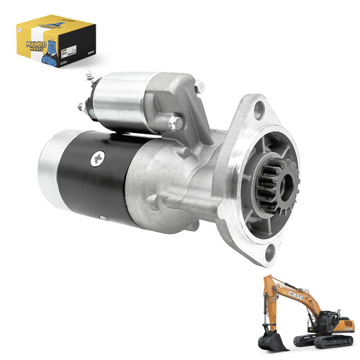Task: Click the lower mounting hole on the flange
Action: coord(270,251)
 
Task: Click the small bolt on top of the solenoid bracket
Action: coord(199,86)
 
